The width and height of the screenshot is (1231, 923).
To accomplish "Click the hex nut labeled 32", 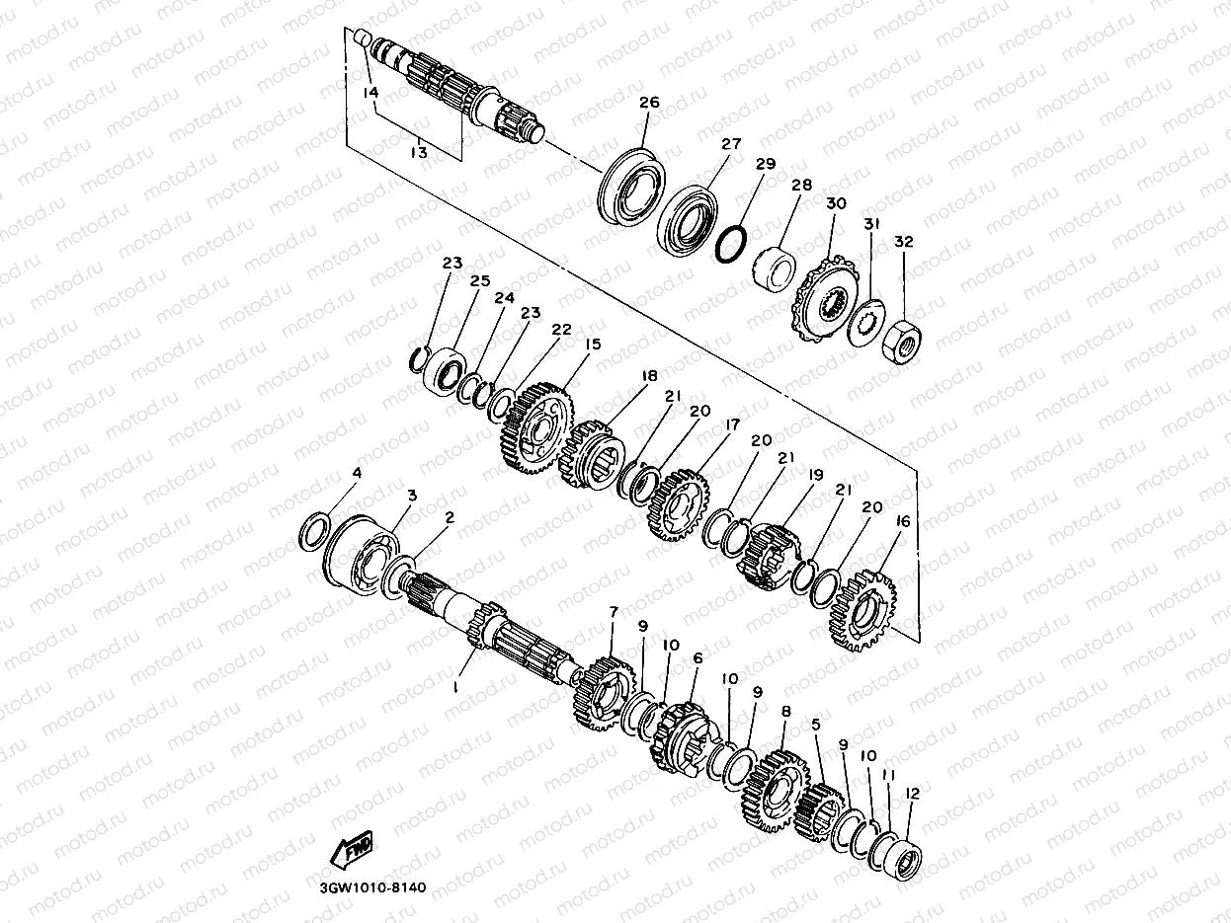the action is click(902, 342).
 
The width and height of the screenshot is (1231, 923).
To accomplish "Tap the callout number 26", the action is click(649, 103).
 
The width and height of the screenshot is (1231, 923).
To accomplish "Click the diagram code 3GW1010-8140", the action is click(372, 887).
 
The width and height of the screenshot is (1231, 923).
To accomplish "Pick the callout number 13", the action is click(419, 152).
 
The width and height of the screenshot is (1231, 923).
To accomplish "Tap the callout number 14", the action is click(370, 93).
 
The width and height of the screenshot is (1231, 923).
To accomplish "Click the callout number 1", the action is click(456, 687).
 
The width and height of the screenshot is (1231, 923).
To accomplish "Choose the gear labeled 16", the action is click(862, 611).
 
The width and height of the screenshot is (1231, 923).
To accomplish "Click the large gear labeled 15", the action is click(536, 428).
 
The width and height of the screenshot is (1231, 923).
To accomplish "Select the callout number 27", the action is click(731, 144).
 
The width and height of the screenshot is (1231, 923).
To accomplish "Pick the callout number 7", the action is click(613, 611).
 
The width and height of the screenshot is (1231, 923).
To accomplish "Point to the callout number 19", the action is click(815, 475).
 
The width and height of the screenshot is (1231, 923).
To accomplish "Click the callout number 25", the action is click(480, 280).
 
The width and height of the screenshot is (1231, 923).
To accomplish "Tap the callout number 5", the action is click(815, 725).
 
